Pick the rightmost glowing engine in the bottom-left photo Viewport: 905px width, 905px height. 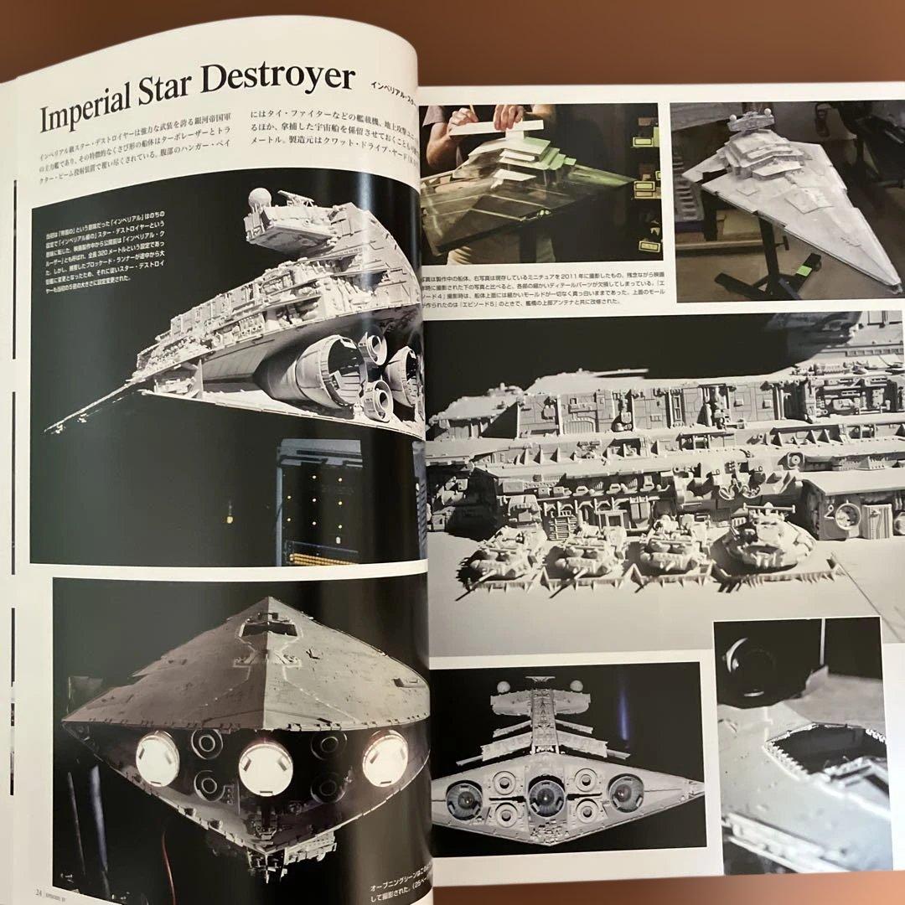(385, 757)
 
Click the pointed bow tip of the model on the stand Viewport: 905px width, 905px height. (895, 286)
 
